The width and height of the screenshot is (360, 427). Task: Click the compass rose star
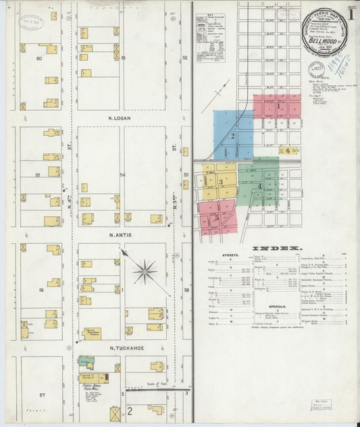click(145, 273)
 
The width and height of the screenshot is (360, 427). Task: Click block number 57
click(42, 394)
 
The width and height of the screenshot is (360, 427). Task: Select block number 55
click(39, 175)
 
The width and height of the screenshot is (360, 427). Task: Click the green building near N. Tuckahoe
click(84, 363)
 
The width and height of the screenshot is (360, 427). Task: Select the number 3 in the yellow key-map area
click(220, 182)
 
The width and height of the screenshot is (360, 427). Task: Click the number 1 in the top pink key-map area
click(278, 105)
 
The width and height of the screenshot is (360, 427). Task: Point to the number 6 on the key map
click(288, 151)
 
